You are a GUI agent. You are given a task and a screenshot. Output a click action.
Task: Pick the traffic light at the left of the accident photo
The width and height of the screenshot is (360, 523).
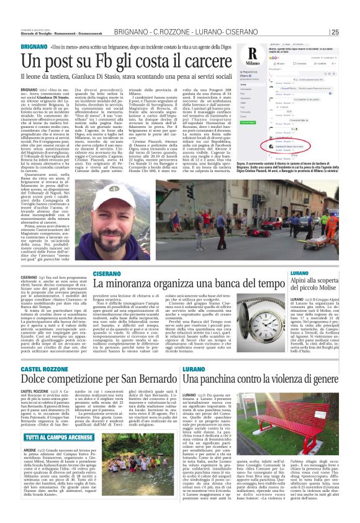coord(173,192)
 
